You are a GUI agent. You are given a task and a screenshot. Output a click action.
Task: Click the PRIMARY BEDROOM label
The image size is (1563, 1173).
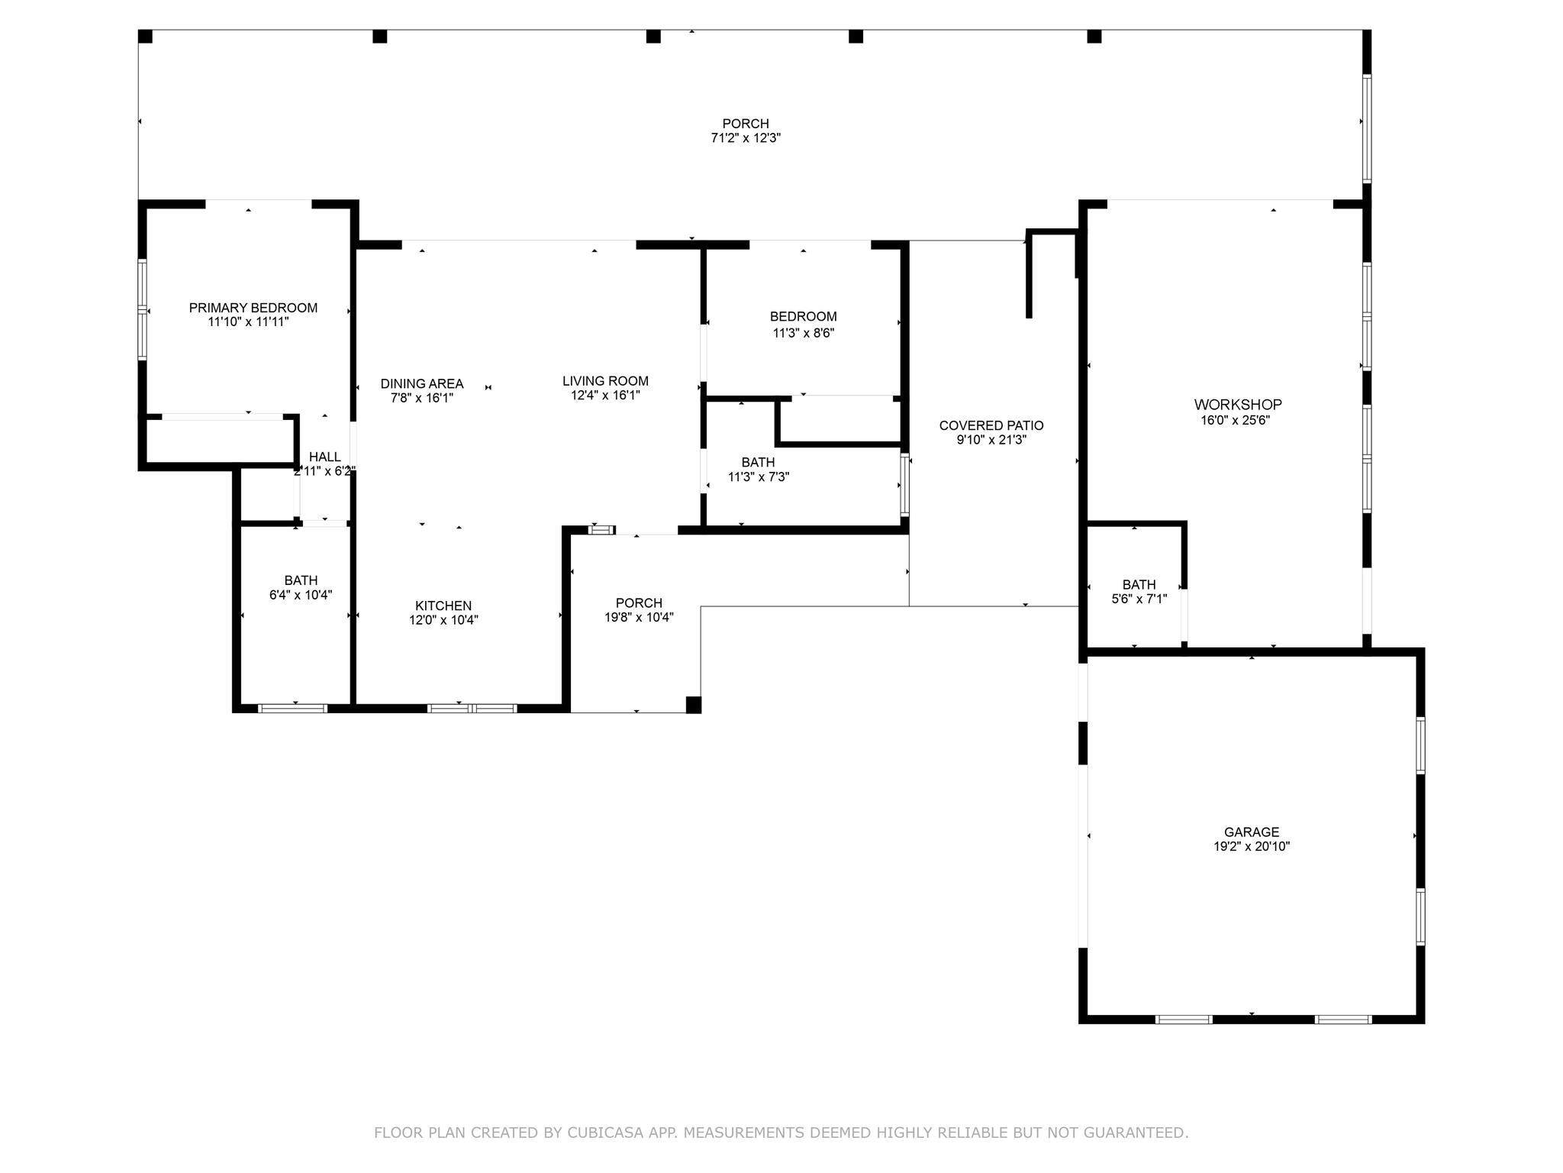(x=253, y=308)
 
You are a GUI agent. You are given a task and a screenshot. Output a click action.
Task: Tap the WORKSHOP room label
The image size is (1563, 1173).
(x=1237, y=405)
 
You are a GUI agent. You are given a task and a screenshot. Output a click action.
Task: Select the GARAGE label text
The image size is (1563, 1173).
(x=1251, y=832)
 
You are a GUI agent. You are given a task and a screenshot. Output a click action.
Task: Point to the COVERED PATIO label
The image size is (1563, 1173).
(x=991, y=425)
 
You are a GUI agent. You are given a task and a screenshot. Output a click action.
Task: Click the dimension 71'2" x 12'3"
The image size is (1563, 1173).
(x=745, y=138)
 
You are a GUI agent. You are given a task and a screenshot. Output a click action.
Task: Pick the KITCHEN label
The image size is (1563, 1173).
(x=443, y=606)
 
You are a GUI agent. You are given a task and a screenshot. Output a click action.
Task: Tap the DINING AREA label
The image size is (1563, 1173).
(x=421, y=383)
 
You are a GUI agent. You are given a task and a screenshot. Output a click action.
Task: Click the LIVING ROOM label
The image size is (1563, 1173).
(x=605, y=380)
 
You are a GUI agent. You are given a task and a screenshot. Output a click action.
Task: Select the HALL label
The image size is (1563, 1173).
(x=324, y=457)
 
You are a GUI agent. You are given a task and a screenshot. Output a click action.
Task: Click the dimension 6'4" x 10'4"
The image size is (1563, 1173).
(x=300, y=595)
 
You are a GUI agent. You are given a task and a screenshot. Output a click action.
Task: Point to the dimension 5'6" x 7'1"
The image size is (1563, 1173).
(x=1139, y=599)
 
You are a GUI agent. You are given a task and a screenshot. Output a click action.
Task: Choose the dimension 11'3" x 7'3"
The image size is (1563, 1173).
(x=758, y=477)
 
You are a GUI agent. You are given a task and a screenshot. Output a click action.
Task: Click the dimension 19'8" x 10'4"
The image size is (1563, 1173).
(x=639, y=617)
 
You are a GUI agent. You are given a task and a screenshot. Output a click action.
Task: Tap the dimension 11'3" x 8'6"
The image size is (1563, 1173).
(x=803, y=333)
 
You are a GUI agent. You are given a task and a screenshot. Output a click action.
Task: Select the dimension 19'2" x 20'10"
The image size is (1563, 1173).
(x=1251, y=846)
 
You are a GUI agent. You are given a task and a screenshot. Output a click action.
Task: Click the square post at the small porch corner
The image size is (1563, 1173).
(x=693, y=705)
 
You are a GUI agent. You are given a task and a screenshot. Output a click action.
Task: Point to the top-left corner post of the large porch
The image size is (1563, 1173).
(x=145, y=36)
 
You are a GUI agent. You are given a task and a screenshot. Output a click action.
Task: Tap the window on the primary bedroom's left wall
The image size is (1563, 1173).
(x=142, y=309)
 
